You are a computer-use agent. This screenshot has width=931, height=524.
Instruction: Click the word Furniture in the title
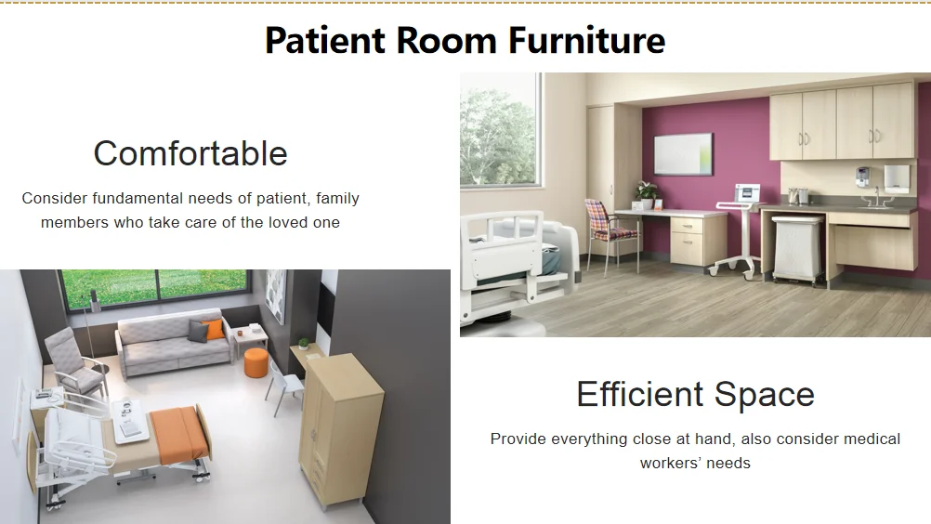[586, 40]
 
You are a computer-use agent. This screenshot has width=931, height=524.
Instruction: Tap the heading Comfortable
[190, 153]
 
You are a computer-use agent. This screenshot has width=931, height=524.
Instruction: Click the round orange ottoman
[256, 362]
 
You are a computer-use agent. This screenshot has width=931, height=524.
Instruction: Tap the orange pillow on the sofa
[213, 329]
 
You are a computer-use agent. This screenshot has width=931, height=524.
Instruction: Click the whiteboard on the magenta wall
[683, 153]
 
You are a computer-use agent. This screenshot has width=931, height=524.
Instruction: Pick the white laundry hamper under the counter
[797, 247]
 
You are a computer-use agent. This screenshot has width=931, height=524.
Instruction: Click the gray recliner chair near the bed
[72, 363]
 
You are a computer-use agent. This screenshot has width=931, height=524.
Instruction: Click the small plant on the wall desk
[304, 344]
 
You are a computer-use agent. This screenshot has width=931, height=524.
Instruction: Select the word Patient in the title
[325, 40]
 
